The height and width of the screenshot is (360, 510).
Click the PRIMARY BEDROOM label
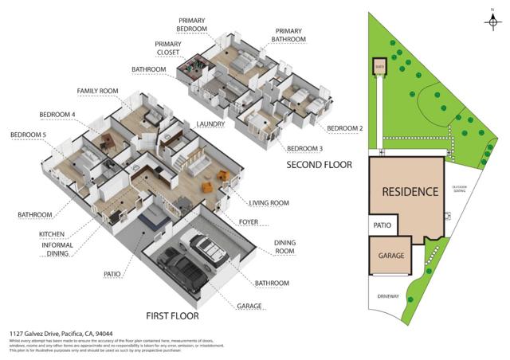click(193, 24)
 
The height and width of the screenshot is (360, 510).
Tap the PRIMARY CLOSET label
click(168, 48)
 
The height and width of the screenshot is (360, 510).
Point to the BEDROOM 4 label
click(57, 115)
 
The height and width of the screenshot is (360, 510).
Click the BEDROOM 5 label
click(27, 135)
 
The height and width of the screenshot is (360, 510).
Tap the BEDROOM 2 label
click(345, 127)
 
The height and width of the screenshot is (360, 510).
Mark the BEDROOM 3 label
click(305, 149)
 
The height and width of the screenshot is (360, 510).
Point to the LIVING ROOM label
click(269, 203)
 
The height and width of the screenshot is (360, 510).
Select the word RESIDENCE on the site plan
click(410, 192)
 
